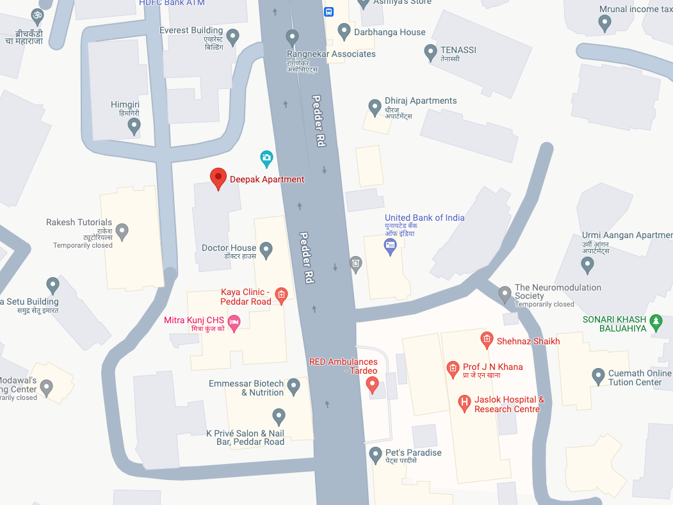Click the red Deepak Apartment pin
tap(218, 179)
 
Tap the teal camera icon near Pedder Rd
tap(266, 157)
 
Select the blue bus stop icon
tap(328, 12)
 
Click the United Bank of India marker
tap(390, 246)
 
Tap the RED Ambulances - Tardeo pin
tap(372, 384)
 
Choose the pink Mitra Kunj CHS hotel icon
tap(234, 324)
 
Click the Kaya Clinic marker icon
tap(280, 294)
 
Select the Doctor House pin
tap(266, 250)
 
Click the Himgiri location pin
tap(134, 125)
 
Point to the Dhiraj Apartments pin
tap(375, 107)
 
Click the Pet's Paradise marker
tap(376, 454)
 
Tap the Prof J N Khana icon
tap(453, 368)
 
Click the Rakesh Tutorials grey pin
tap(122, 231)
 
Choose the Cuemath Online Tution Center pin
tap(598, 376)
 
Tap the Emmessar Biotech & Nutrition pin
tap(293, 386)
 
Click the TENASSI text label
tap(458, 50)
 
